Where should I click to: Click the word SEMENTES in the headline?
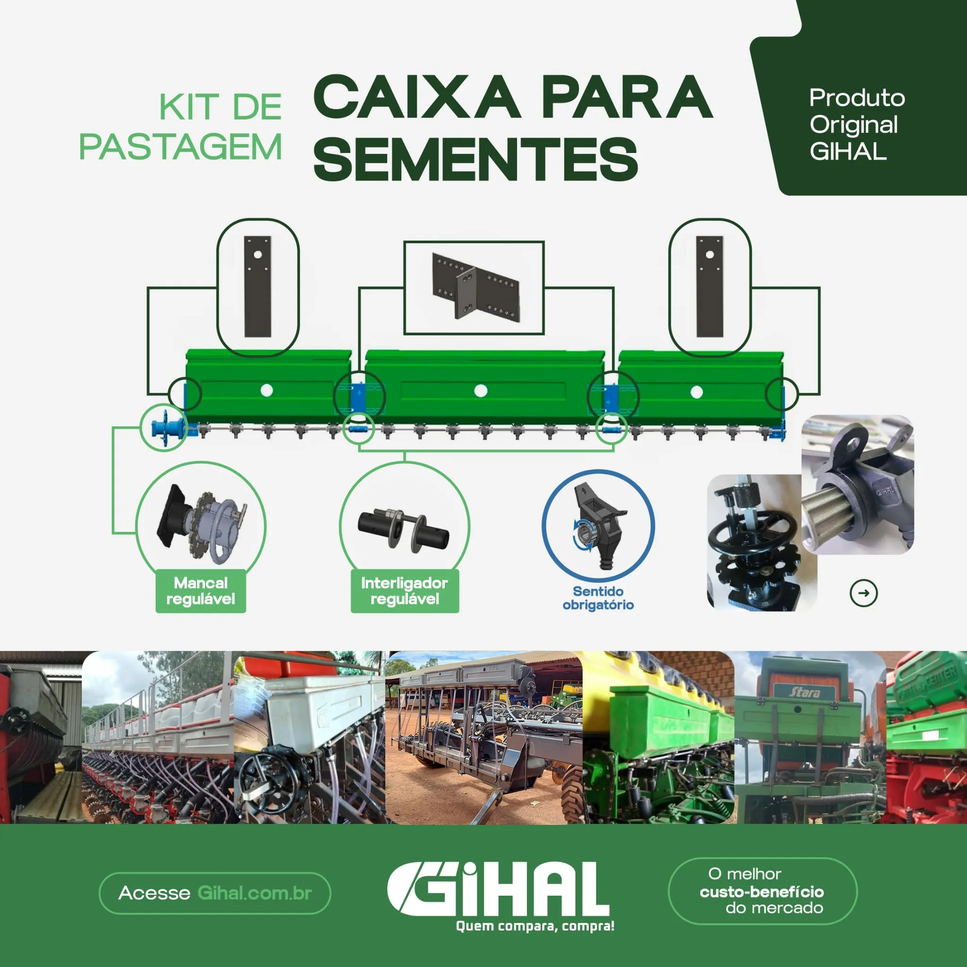(x=475, y=159)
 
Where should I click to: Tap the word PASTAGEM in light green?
(x=181, y=147)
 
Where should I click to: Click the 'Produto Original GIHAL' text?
(x=857, y=124)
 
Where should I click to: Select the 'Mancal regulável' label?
(x=201, y=591)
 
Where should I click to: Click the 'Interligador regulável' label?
(x=405, y=591)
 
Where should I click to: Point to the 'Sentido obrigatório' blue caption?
(x=598, y=598)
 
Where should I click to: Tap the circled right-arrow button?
(x=864, y=593)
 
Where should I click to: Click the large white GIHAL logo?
(x=498, y=890)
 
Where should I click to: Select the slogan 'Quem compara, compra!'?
(x=535, y=926)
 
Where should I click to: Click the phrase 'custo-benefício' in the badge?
(x=762, y=892)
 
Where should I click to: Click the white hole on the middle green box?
(x=481, y=391)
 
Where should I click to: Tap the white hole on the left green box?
(x=267, y=390)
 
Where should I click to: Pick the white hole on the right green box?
(x=696, y=392)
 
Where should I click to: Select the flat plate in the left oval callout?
(x=258, y=287)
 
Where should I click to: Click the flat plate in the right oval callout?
(x=710, y=287)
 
